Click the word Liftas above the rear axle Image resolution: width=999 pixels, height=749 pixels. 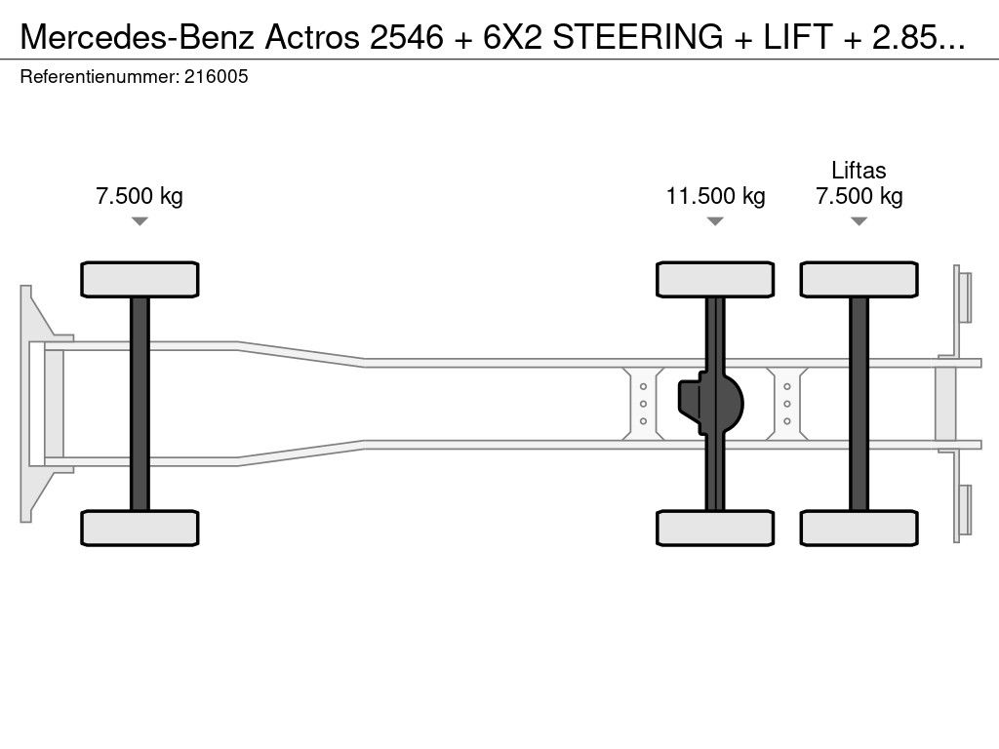click(x=859, y=170)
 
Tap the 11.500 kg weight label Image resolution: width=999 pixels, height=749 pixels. click(x=715, y=195)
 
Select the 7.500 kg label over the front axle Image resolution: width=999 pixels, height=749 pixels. click(x=140, y=195)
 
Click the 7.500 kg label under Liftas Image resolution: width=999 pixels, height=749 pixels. click(x=859, y=195)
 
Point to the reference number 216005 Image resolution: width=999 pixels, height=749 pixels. click(x=216, y=76)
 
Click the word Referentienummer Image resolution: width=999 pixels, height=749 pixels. click(x=100, y=76)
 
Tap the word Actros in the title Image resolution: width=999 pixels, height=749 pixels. click(x=312, y=37)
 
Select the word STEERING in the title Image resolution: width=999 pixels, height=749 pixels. click(x=638, y=37)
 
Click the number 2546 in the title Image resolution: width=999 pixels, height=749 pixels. click(x=407, y=37)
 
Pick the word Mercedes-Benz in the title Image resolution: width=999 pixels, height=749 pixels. click(x=139, y=37)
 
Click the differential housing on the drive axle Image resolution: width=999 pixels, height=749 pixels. click(x=710, y=404)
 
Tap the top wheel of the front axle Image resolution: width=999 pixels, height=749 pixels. click(x=140, y=280)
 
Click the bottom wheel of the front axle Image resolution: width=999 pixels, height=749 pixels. click(x=140, y=528)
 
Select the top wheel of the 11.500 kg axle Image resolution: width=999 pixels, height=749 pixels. click(x=715, y=280)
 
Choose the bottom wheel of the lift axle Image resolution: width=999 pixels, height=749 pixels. click(x=859, y=528)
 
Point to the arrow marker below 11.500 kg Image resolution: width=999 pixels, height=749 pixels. click(x=715, y=221)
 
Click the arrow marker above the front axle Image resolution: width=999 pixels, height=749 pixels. click(x=140, y=221)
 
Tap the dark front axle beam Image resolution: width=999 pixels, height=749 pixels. click(x=140, y=404)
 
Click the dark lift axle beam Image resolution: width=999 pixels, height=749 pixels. click(x=859, y=404)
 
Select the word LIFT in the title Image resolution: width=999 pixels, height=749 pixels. click(x=798, y=37)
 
